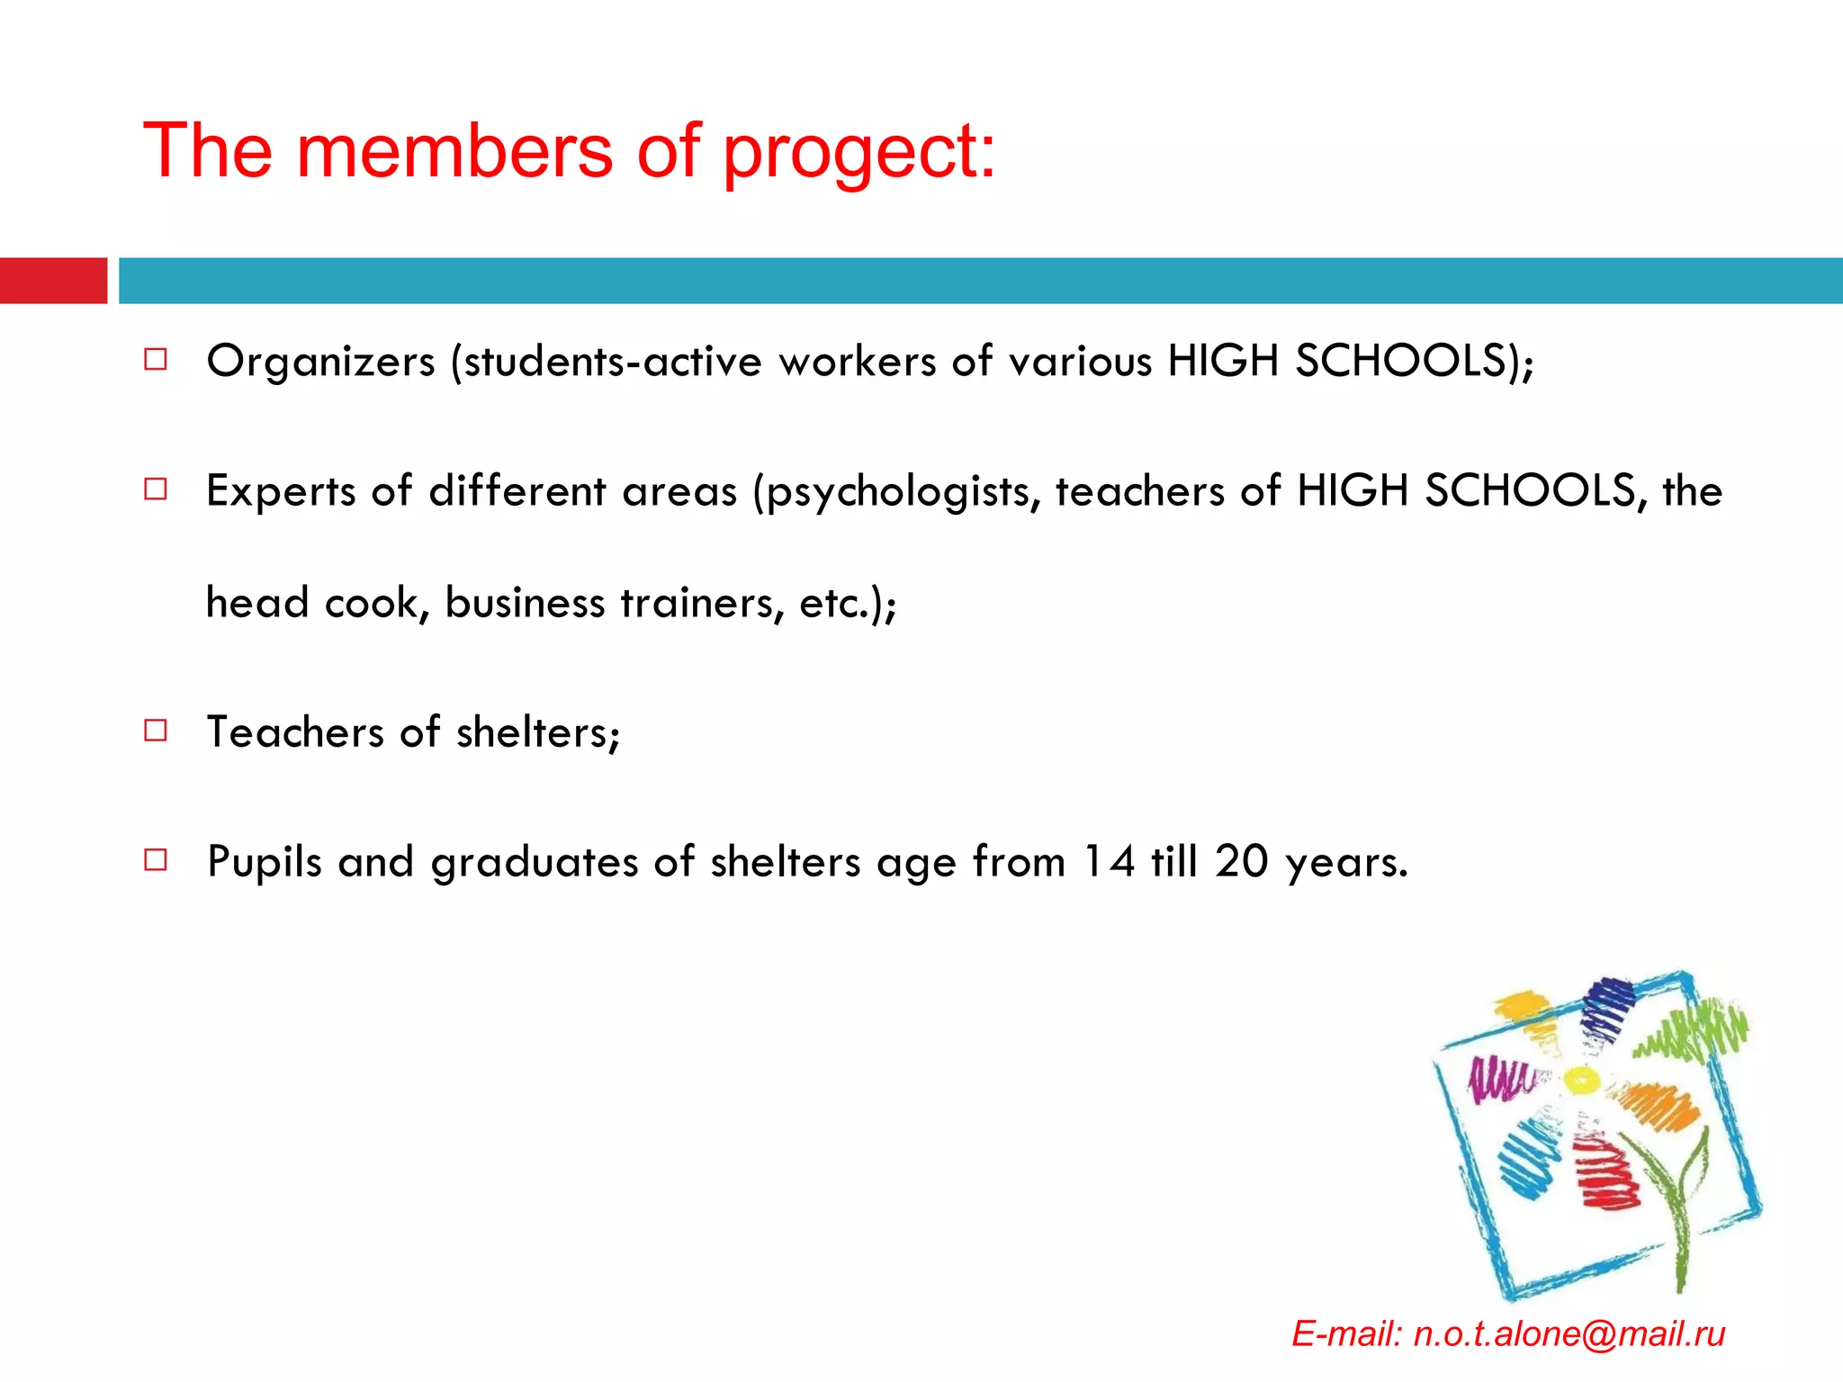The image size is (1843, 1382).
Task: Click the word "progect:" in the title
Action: point(859,153)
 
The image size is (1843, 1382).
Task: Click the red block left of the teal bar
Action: point(53,281)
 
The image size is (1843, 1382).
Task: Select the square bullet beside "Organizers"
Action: point(156,360)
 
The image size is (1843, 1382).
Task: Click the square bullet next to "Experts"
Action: point(156,489)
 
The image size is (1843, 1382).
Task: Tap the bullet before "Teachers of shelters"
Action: point(156,730)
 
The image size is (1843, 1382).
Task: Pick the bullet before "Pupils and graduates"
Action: point(156,860)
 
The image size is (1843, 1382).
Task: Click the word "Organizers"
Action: point(321,362)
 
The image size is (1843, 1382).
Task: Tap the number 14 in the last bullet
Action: point(1108,861)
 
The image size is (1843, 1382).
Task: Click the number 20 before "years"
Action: point(1241,861)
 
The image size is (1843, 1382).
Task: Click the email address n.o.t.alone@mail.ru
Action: point(1569,1333)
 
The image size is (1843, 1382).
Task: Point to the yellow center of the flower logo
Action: point(1579,1079)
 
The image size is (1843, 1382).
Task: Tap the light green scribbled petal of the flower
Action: point(1692,1030)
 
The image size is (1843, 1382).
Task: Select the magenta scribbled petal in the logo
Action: point(1497,1079)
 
